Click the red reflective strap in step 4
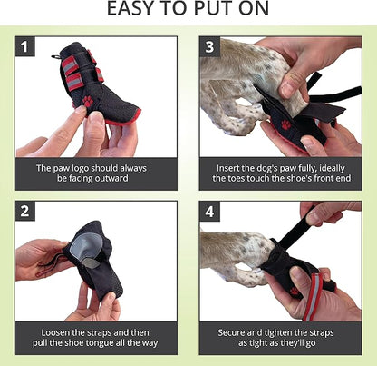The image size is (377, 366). (315, 283)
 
